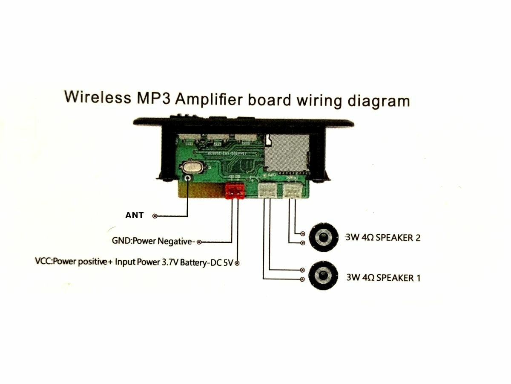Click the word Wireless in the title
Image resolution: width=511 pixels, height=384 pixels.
tap(98, 98)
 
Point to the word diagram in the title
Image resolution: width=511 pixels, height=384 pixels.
tap(379, 102)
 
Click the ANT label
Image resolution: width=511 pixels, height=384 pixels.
tap(134, 215)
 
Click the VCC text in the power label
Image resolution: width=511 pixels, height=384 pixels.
tap(42, 261)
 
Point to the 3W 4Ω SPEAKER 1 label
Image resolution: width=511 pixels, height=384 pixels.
tap(383, 278)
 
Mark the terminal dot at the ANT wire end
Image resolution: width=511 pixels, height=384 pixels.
tap(155, 216)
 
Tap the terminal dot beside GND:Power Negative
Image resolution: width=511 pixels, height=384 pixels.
tap(199, 242)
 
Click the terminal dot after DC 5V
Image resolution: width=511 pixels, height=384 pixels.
tap(237, 263)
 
